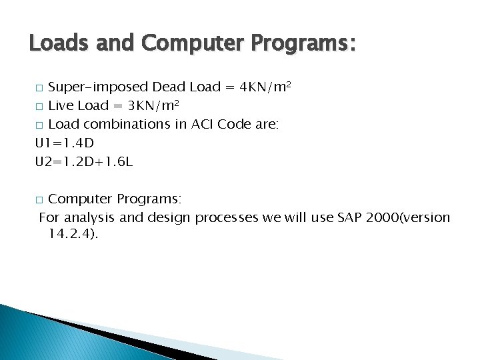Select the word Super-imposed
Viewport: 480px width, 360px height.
pos(99,87)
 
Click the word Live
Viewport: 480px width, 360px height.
pos(61,106)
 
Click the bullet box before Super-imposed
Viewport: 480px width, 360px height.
pos(39,88)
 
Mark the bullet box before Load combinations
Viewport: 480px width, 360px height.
pos(39,125)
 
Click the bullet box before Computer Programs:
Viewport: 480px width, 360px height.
pos(39,199)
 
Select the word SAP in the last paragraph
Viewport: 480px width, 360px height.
pos(355,217)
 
